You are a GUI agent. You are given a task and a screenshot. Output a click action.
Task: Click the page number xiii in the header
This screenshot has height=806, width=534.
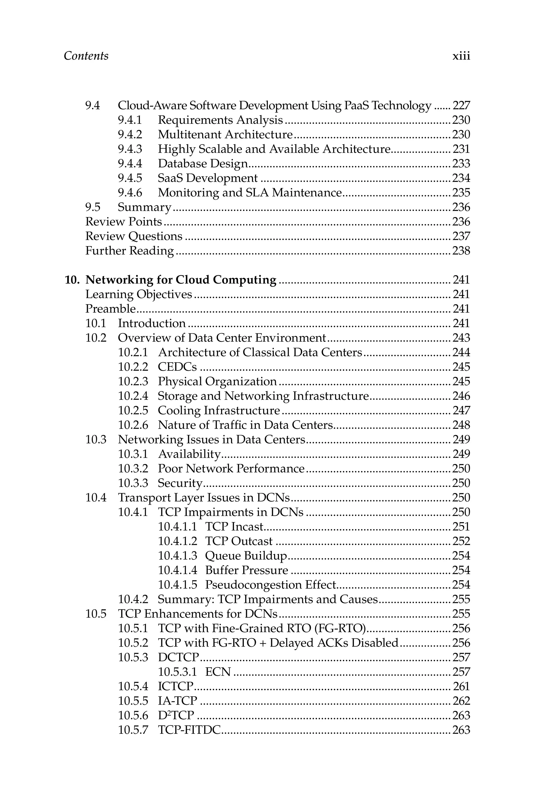coord(461,56)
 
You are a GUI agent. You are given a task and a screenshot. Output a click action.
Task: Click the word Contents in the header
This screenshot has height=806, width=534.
coord(86,56)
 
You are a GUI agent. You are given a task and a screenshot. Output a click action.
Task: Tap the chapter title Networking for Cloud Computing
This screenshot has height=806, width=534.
coord(181,280)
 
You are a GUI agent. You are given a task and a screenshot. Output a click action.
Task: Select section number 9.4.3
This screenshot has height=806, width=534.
coord(130,149)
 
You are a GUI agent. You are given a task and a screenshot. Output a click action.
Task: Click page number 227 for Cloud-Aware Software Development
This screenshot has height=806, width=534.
coord(461,106)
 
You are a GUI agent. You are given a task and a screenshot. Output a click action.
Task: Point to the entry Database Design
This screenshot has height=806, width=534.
coord(203,164)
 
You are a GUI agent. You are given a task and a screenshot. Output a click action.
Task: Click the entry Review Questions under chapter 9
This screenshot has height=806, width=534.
coord(134,236)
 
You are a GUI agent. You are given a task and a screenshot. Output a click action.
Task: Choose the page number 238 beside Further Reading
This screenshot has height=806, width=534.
coord(461,251)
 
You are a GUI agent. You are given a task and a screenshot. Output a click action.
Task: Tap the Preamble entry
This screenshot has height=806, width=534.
coord(110,309)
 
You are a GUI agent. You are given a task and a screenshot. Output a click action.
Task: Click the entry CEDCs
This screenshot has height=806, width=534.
coord(177,367)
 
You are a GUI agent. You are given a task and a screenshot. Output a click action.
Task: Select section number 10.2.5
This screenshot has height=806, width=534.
coord(133,411)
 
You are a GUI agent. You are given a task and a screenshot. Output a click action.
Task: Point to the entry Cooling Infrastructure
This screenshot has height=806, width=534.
coord(219,411)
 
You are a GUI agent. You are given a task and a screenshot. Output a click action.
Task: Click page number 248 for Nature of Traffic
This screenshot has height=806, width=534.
coord(461,425)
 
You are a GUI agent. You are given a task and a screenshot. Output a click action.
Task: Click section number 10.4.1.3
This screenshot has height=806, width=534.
coord(177,556)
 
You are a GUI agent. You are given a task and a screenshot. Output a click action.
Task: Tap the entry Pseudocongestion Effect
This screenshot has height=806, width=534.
coord(270,585)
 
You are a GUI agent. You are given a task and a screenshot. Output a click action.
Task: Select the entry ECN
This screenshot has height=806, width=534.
coord(218,672)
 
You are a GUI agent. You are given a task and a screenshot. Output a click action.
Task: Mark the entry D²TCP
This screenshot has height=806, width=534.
coord(176,716)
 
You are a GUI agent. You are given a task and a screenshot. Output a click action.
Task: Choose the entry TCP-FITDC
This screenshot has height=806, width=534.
coord(189,730)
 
